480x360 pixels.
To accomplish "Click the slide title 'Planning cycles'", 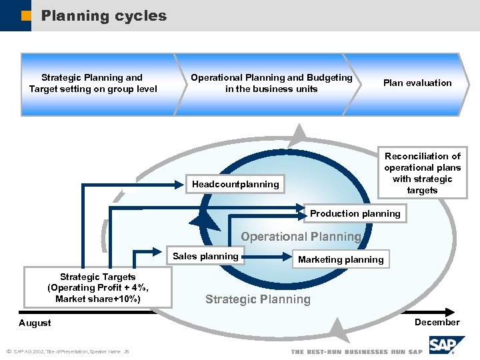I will point(104,15).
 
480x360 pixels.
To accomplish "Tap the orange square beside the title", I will point(25,15).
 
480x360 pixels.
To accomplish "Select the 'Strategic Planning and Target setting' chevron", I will point(93,83).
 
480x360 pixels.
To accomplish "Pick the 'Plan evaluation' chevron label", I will point(417,83).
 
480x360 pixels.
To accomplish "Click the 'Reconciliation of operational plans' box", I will point(422,173).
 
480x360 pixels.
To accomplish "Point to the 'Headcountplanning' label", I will point(235,184).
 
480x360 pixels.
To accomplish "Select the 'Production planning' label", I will point(355,213).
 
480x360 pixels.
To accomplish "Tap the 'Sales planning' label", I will point(205,256).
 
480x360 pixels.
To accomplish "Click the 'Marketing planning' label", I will point(341,259).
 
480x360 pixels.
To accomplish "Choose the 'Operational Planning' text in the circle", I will point(301,237).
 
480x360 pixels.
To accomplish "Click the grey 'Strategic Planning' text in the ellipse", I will point(257,299).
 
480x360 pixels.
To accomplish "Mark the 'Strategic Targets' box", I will point(97,287).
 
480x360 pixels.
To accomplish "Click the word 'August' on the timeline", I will point(35,323).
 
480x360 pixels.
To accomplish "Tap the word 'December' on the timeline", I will point(437,322).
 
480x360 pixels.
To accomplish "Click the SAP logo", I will point(444,346).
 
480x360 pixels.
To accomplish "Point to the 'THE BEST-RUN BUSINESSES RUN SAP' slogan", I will point(357,351).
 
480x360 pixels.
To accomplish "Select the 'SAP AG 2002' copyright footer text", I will point(67,351).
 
